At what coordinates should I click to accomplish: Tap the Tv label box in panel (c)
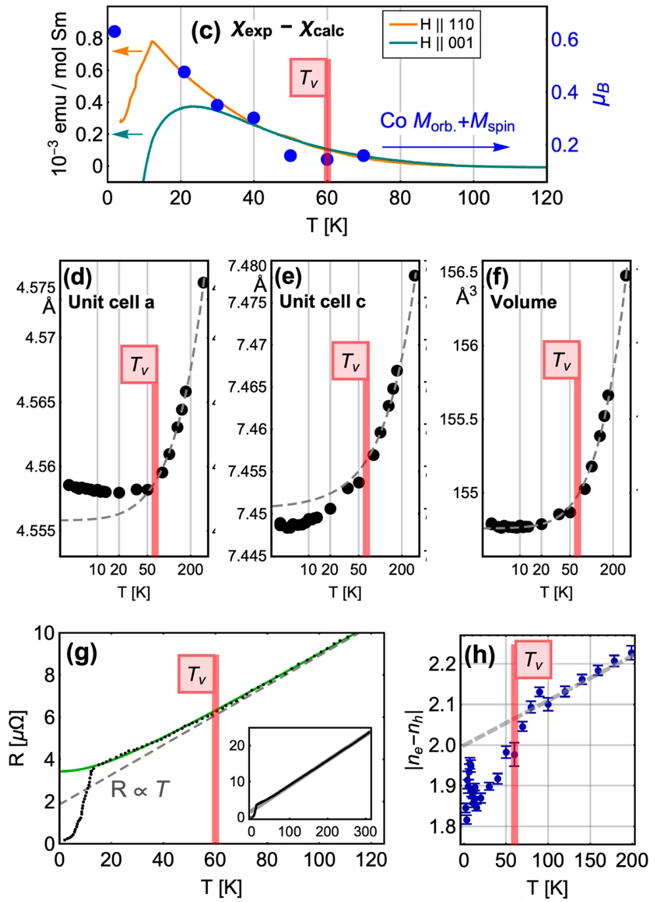[x=308, y=78]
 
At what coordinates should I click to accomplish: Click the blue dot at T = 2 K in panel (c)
[x=114, y=32]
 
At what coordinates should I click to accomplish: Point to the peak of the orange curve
[x=152, y=41]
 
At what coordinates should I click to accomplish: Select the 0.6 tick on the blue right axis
[x=565, y=39]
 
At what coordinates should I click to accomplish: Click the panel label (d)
[x=78, y=277]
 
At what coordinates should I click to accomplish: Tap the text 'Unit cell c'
[x=322, y=302]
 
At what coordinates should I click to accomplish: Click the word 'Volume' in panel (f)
[x=523, y=302]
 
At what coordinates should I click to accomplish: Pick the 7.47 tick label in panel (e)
[x=252, y=344]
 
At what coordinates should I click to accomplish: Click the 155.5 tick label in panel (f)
[x=459, y=419]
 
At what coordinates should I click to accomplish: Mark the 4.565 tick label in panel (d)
[x=36, y=402]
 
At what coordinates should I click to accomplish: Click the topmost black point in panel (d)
[x=202, y=283]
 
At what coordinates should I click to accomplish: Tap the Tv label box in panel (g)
[x=196, y=674]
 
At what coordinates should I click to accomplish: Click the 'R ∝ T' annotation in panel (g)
[x=140, y=789]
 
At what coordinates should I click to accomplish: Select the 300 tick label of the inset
[x=365, y=832]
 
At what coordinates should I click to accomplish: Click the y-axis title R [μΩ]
[x=18, y=738]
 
